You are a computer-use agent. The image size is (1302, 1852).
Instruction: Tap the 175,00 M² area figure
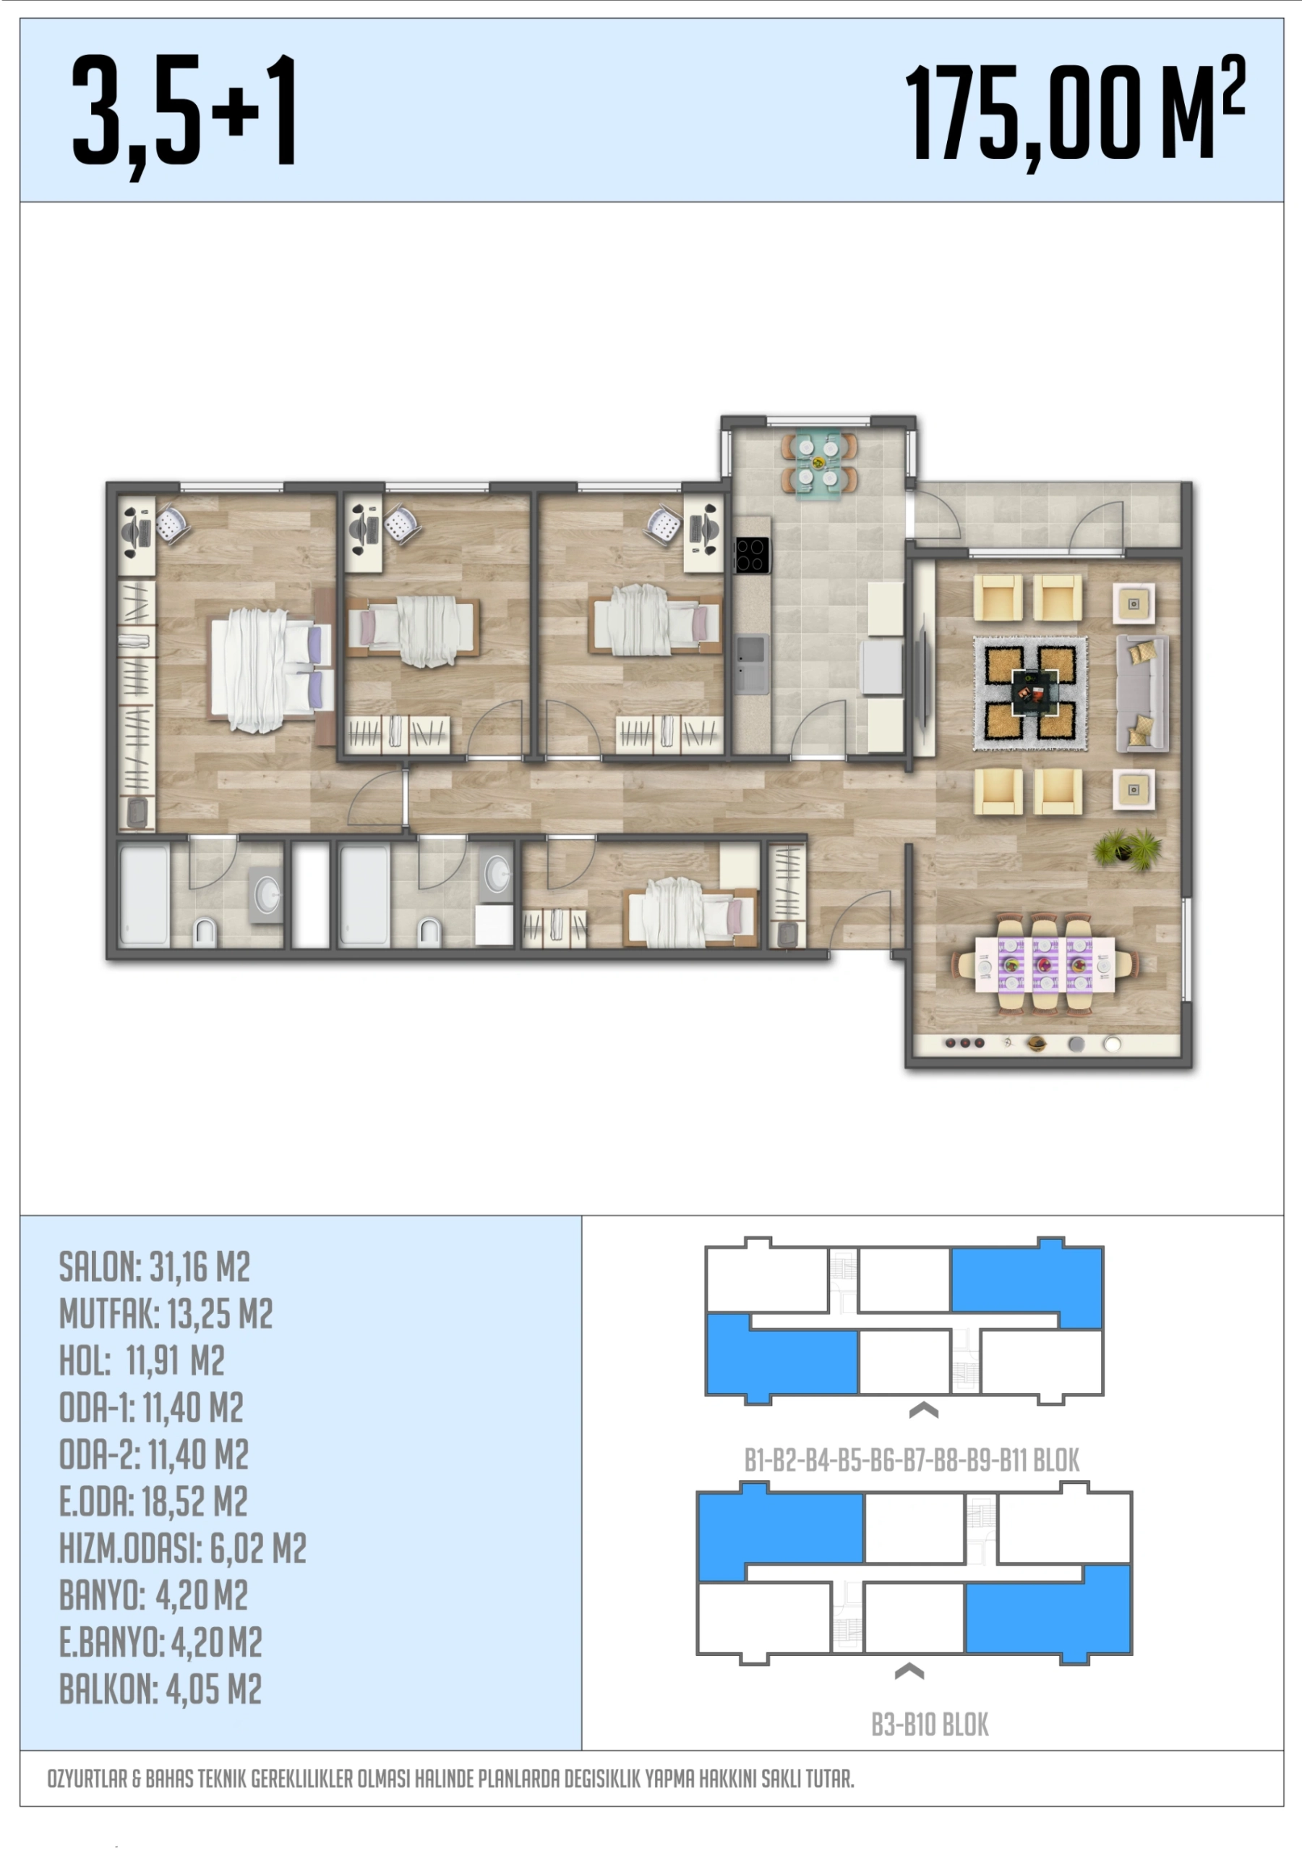pos(1076,113)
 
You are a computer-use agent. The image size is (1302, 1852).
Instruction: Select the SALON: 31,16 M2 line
pos(155,1267)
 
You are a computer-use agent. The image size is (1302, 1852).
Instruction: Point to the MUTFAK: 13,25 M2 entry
pos(166,1314)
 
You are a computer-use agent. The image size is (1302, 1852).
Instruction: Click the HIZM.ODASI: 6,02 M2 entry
pos(183,1549)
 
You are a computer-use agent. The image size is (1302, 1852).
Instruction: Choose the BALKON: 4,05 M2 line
pos(160,1689)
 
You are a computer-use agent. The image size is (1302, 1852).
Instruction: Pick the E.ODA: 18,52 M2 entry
pos(153,1502)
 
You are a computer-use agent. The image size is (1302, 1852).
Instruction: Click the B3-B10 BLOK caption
pos(930,1725)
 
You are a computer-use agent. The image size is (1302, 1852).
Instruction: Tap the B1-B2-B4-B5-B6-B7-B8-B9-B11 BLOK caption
pos(912,1461)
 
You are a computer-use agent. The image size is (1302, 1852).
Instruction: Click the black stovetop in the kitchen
pos(751,555)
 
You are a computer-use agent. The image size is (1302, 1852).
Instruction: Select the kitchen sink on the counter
pos(751,664)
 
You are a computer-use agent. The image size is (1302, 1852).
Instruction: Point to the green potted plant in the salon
pos(1127,849)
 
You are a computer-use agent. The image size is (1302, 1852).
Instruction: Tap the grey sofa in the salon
pos(1142,693)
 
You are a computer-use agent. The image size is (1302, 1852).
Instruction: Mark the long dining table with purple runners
pos(1045,964)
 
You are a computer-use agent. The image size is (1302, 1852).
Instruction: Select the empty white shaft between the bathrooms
pos(310,896)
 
